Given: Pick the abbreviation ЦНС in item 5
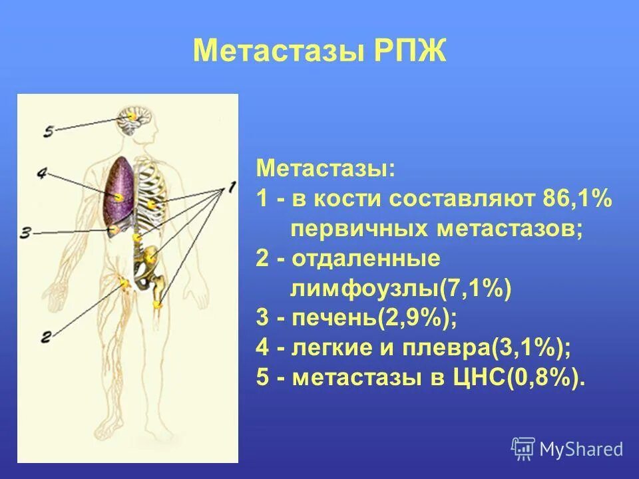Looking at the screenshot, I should pyautogui.click(x=480, y=379).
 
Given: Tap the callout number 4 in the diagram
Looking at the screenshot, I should pyautogui.click(x=41, y=174).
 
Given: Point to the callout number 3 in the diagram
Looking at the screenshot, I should pyautogui.click(x=25, y=232).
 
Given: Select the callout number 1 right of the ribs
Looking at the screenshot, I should pyautogui.click(x=230, y=188).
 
